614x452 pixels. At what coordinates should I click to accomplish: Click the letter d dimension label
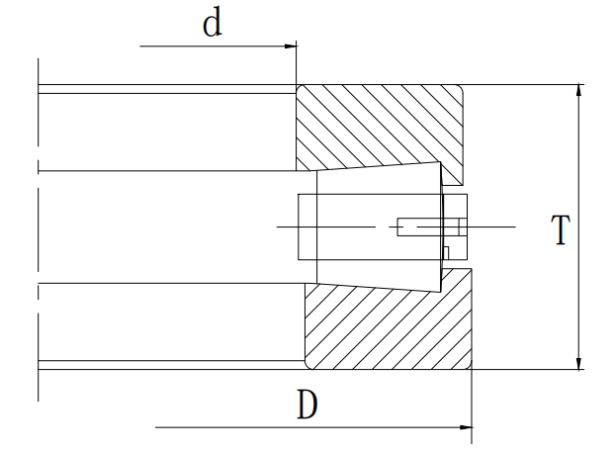212,24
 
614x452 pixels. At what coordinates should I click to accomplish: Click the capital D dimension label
307,405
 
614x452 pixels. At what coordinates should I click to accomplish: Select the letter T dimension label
560,230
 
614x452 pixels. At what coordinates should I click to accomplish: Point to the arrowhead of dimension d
291,46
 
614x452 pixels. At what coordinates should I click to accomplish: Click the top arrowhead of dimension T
579,90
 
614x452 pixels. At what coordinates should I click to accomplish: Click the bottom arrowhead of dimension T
579,363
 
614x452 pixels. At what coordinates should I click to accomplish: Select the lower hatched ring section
386,326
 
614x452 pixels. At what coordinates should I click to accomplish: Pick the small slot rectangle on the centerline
419,227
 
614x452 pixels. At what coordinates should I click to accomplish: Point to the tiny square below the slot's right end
447,252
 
